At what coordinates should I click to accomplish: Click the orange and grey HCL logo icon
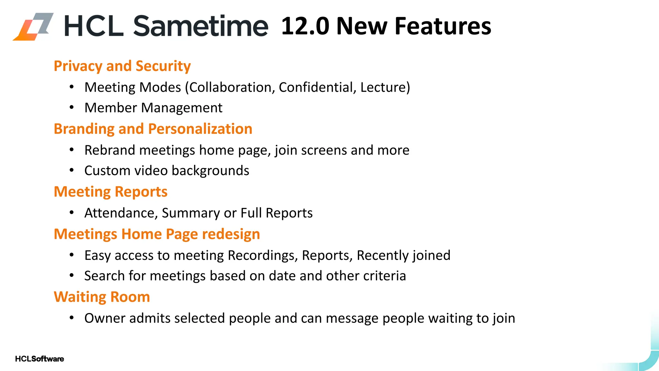click(x=33, y=26)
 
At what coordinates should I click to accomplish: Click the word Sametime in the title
click(x=200, y=26)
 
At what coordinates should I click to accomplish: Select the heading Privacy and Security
click(x=122, y=66)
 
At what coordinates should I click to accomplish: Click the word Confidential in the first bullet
click(x=317, y=87)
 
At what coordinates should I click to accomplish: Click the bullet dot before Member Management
click(x=72, y=108)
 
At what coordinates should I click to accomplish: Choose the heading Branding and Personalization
click(x=153, y=129)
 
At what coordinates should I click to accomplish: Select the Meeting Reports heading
click(x=110, y=192)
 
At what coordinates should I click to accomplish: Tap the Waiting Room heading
click(x=102, y=297)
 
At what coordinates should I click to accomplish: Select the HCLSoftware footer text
click(x=40, y=359)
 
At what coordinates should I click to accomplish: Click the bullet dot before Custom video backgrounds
click(x=72, y=170)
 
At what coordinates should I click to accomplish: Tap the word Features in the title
click(x=443, y=26)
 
